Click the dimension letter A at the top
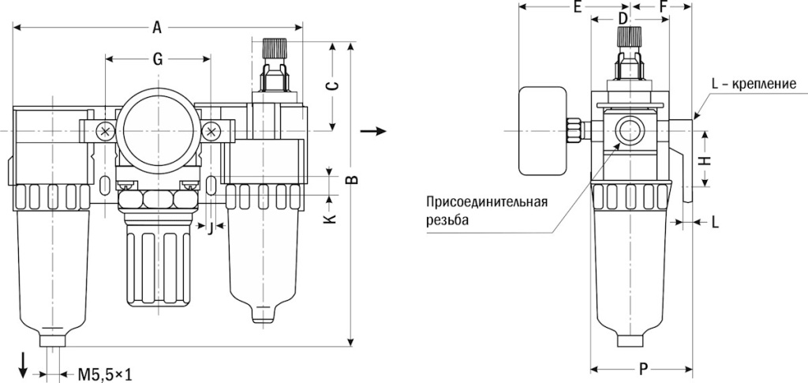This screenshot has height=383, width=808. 157,28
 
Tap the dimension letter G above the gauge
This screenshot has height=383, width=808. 158,58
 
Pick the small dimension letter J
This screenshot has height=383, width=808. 210,228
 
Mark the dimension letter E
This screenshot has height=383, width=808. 577,8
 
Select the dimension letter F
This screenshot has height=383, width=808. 663,8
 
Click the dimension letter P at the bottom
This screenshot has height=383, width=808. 643,368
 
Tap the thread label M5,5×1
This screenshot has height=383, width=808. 105,373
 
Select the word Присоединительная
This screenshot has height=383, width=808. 487,201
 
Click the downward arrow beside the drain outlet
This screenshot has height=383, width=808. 24,364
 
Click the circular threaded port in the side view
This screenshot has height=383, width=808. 629,130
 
